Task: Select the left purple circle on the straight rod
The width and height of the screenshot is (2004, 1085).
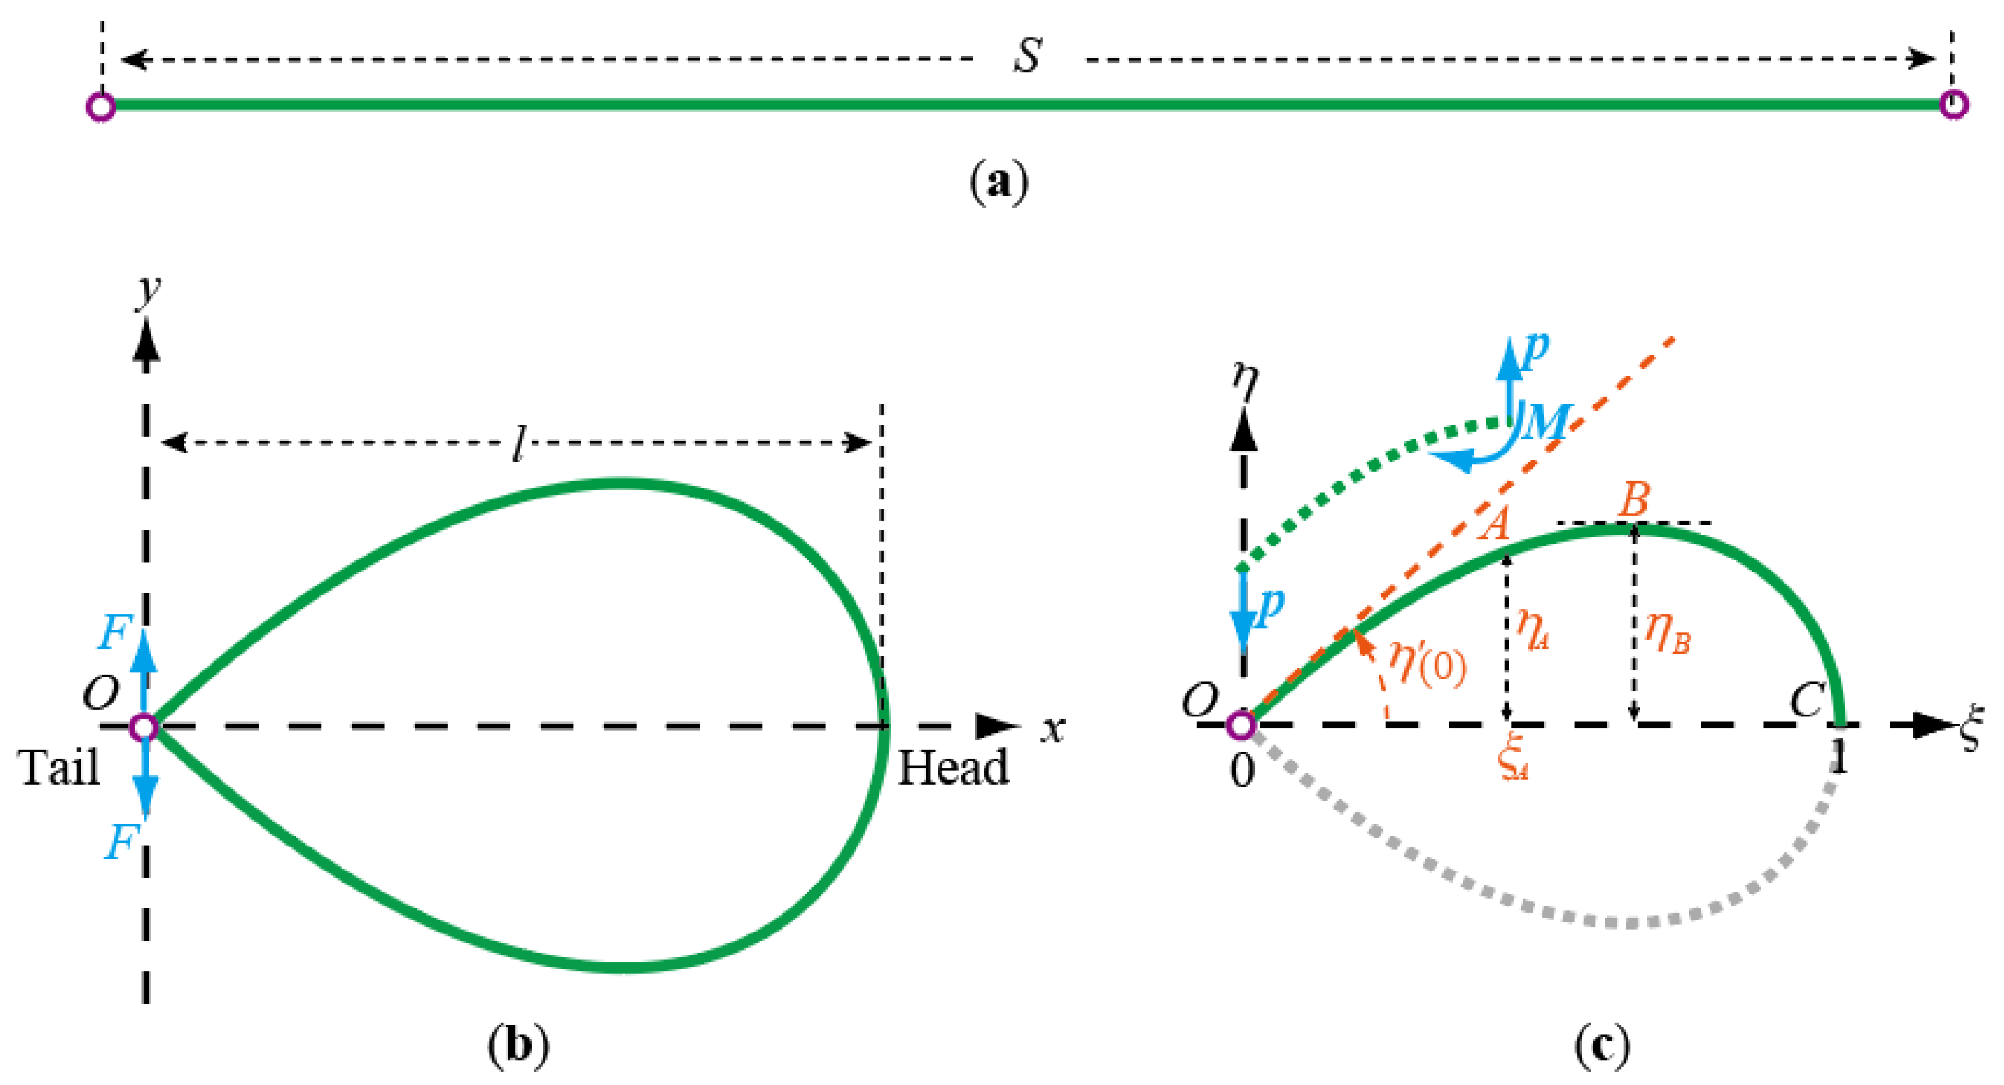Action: [101, 106]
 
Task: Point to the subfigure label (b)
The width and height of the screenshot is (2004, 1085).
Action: [518, 1045]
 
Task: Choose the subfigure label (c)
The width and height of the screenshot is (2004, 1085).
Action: [1602, 1045]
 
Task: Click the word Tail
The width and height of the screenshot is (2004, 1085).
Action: [59, 768]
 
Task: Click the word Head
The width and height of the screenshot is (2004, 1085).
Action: [954, 768]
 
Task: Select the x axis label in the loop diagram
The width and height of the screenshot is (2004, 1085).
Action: [1053, 729]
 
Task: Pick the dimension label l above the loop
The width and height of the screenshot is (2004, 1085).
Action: [518, 444]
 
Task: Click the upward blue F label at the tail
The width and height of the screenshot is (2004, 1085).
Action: [115, 632]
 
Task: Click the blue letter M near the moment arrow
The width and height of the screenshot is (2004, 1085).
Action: [1546, 423]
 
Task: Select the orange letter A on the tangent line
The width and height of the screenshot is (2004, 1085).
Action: [1494, 523]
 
